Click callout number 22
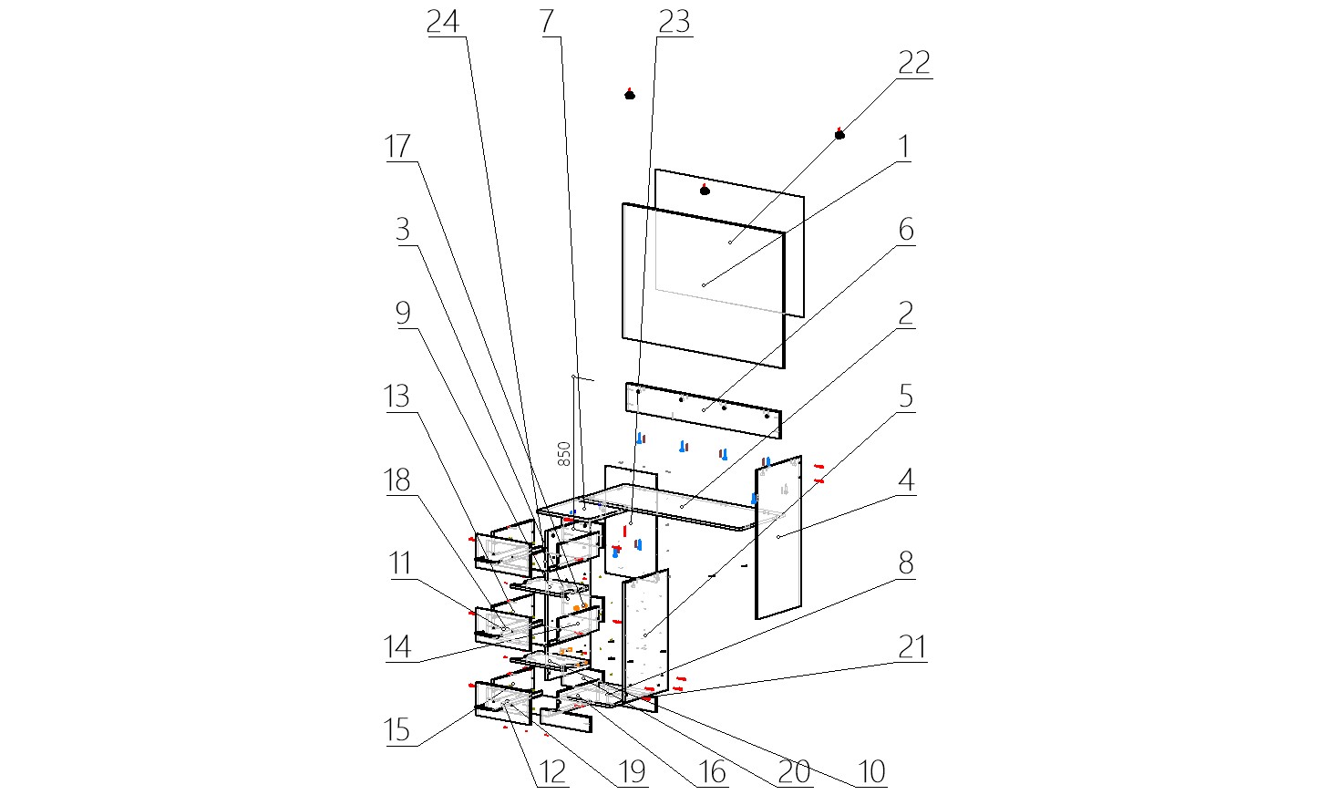(913, 63)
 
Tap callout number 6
(905, 230)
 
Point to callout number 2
(905, 314)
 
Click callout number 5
(905, 397)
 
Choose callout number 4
(905, 480)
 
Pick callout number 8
(905, 563)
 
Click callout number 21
(912, 646)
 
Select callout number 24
(444, 21)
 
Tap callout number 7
(547, 21)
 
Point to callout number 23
(674, 21)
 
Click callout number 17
(397, 146)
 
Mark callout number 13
(397, 397)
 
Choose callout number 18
(397, 480)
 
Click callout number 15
(397, 730)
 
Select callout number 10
(872, 771)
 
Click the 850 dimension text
(564, 454)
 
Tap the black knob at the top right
(839, 134)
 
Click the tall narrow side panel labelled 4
(779, 538)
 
